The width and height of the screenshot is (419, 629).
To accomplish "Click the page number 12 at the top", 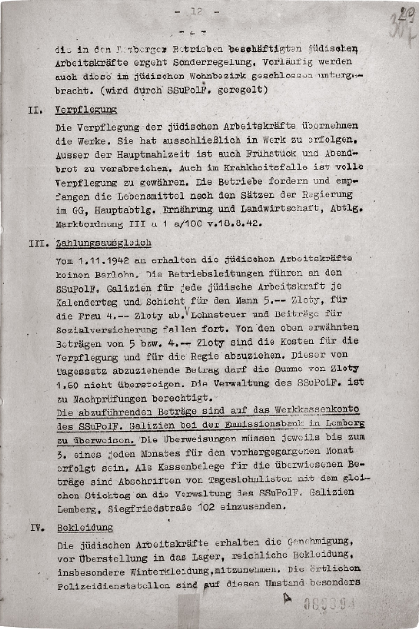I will click(197, 12).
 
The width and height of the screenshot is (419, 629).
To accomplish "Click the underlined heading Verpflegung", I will click(86, 110).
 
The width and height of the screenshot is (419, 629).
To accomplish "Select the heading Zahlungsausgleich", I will click(104, 243).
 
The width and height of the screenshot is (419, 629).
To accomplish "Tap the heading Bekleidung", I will click(85, 527).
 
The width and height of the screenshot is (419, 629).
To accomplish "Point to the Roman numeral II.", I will click(35, 111).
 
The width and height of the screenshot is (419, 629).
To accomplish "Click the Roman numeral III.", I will click(39, 243).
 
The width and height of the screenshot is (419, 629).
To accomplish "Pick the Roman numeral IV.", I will click(37, 528).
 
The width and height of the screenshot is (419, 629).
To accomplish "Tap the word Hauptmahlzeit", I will click(153, 154).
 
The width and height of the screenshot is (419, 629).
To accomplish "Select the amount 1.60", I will click(67, 385).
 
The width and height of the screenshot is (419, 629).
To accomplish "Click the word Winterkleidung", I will click(170, 572).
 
